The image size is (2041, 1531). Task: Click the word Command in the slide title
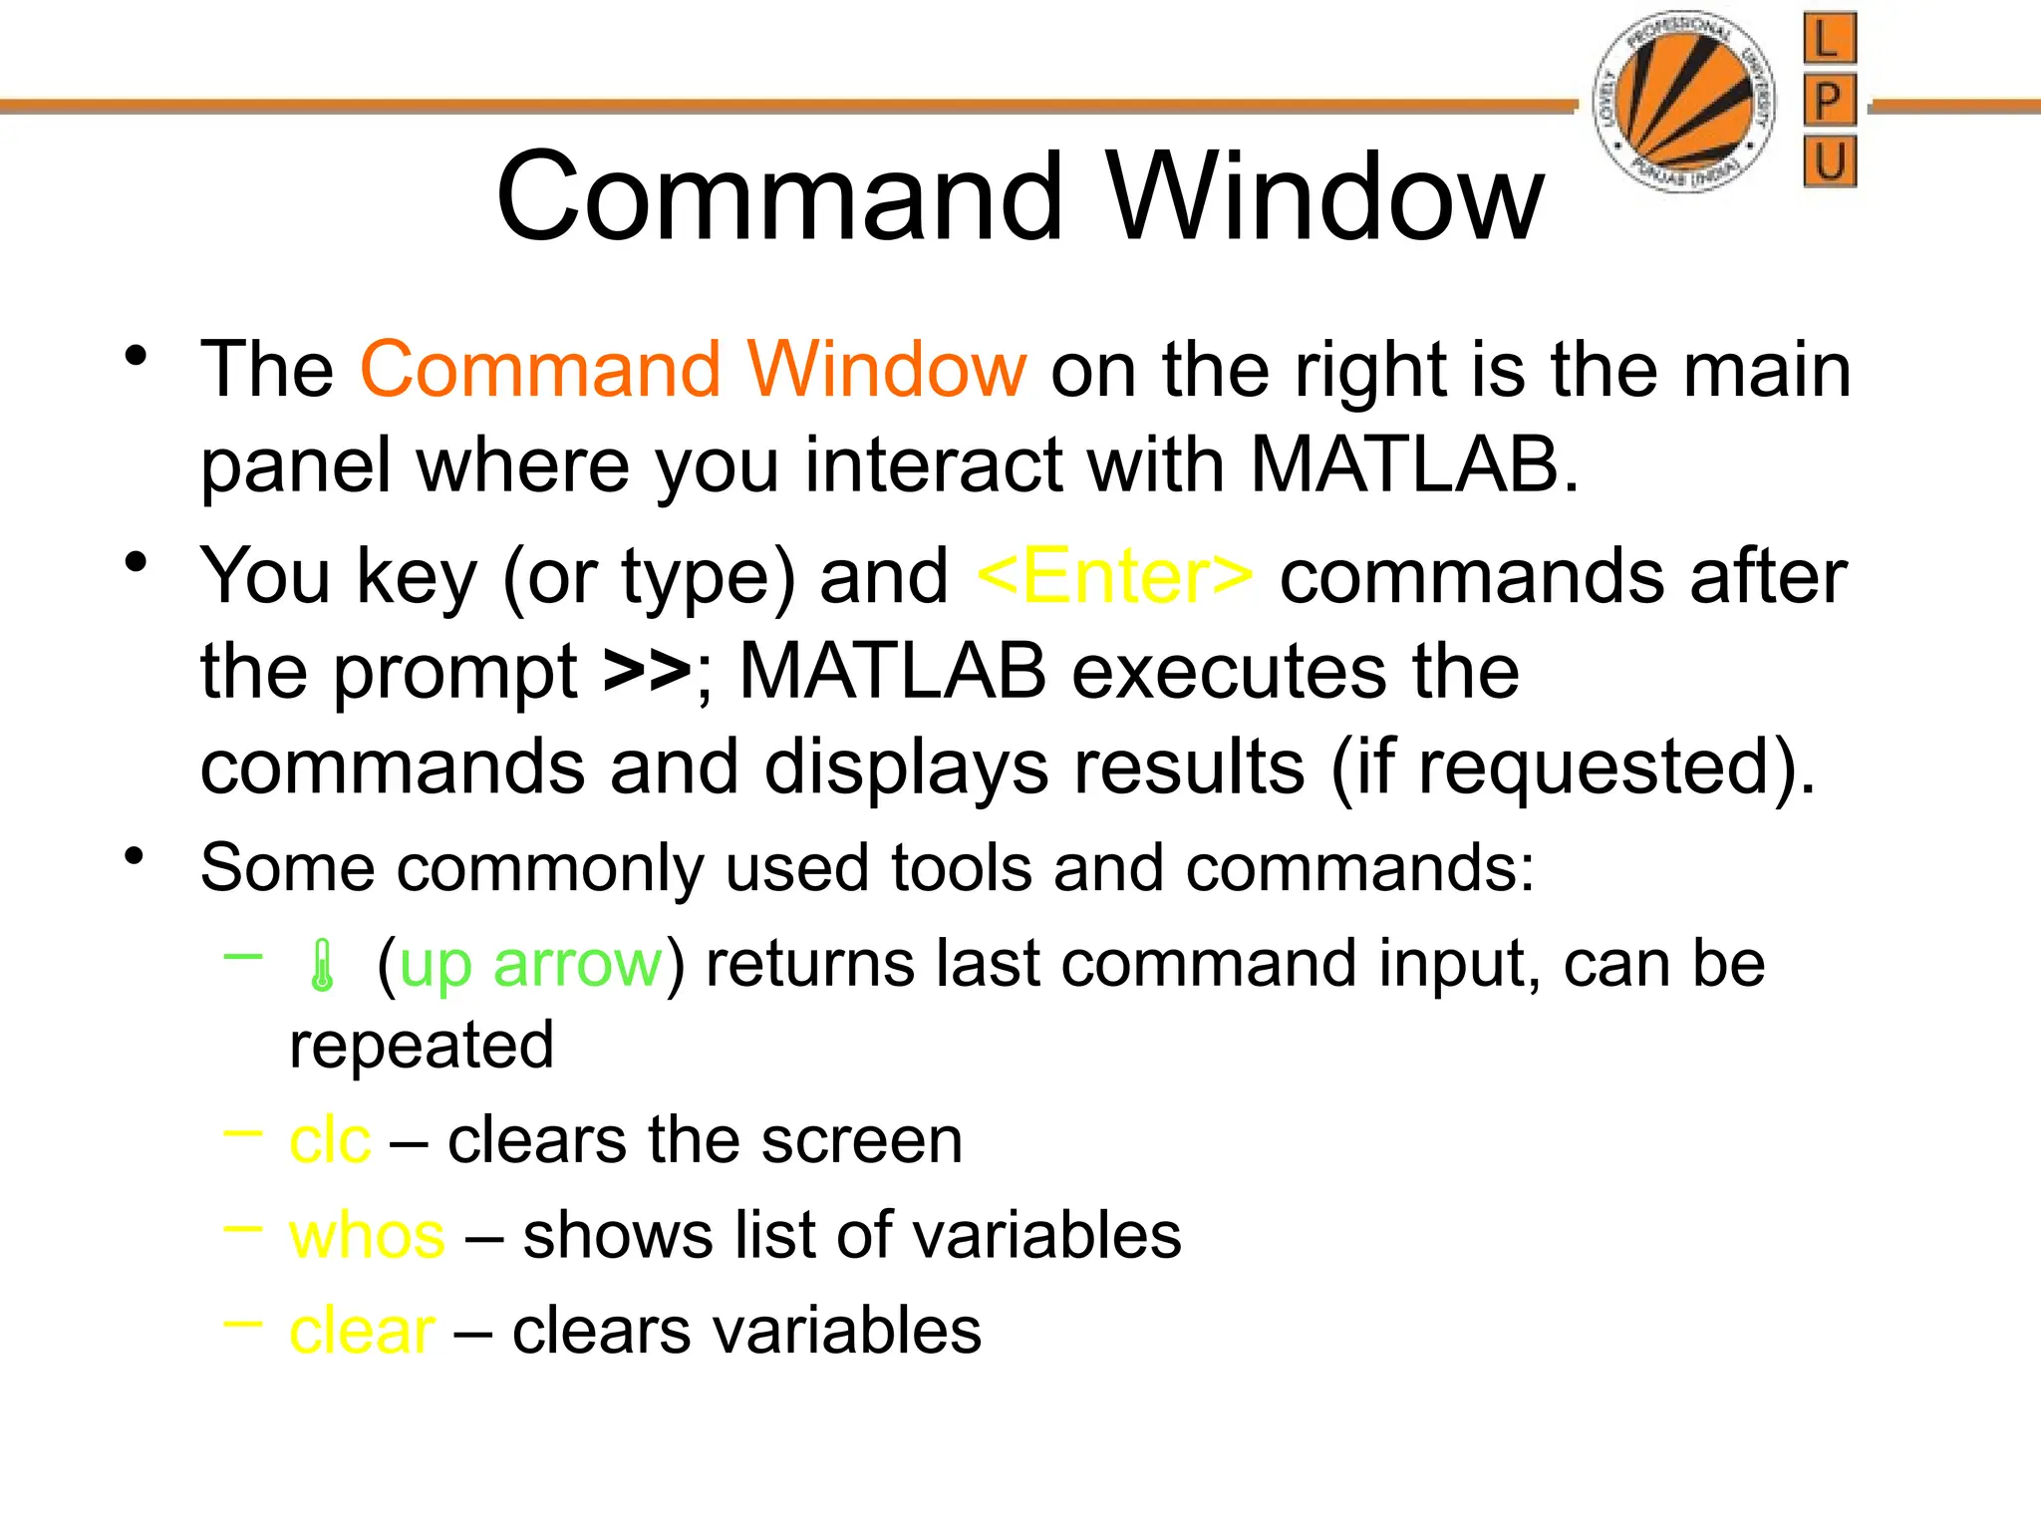[x=779, y=196]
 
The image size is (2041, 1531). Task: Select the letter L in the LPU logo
[x=1829, y=40]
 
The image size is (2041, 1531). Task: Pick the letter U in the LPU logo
[x=1830, y=160]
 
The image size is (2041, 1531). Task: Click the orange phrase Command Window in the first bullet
[x=693, y=370]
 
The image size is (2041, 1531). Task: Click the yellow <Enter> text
[x=1115, y=576]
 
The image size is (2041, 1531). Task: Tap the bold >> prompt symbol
[x=647, y=671]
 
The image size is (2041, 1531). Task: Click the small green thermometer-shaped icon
[x=321, y=966]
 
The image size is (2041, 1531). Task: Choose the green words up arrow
[x=530, y=964]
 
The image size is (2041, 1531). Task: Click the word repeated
[x=422, y=1046]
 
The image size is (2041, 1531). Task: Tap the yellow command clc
[x=330, y=1140]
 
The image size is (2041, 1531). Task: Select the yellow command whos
[x=367, y=1236]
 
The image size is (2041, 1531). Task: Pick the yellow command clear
[x=362, y=1332]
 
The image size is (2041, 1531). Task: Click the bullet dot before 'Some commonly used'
[x=137, y=856]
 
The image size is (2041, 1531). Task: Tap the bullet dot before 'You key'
[x=137, y=562]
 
